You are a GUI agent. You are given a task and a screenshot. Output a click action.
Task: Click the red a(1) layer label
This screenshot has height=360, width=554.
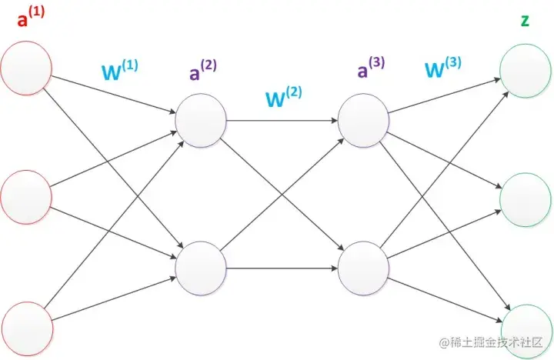click(31, 17)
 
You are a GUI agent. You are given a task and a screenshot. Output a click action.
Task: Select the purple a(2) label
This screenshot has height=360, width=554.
click(203, 69)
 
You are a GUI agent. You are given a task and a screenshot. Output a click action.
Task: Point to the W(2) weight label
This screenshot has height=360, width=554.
click(283, 96)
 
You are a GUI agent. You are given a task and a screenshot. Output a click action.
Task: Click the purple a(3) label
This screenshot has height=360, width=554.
click(371, 67)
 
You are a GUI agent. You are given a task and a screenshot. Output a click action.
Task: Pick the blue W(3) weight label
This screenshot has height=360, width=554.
click(442, 67)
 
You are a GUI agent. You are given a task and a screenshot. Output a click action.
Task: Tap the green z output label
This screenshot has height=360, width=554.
click(525, 22)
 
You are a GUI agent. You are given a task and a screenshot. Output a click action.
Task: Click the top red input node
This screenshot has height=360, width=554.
click(26, 68)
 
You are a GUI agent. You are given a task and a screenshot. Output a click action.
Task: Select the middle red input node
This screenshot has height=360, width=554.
click(26, 197)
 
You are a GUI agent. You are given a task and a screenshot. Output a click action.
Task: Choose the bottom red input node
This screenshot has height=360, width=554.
click(27, 328)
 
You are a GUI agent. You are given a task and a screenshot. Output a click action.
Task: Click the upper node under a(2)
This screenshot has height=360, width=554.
click(201, 121)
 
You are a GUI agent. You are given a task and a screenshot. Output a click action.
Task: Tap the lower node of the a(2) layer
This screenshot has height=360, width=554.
click(201, 268)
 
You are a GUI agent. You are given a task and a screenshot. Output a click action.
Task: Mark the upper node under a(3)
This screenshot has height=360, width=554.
click(363, 121)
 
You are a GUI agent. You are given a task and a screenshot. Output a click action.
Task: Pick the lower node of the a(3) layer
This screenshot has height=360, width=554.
click(363, 268)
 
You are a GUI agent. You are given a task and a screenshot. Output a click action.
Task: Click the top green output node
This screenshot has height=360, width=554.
click(526, 71)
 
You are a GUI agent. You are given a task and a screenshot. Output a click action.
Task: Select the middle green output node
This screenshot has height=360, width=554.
click(526, 199)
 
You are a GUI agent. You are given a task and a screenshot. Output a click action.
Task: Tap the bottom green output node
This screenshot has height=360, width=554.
click(526, 331)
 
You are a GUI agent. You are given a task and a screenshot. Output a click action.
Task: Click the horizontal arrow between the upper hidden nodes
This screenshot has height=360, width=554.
click(282, 121)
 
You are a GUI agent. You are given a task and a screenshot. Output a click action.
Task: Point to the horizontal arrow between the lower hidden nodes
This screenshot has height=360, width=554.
click(282, 268)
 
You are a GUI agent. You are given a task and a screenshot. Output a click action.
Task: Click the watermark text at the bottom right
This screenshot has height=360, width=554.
click(491, 342)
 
